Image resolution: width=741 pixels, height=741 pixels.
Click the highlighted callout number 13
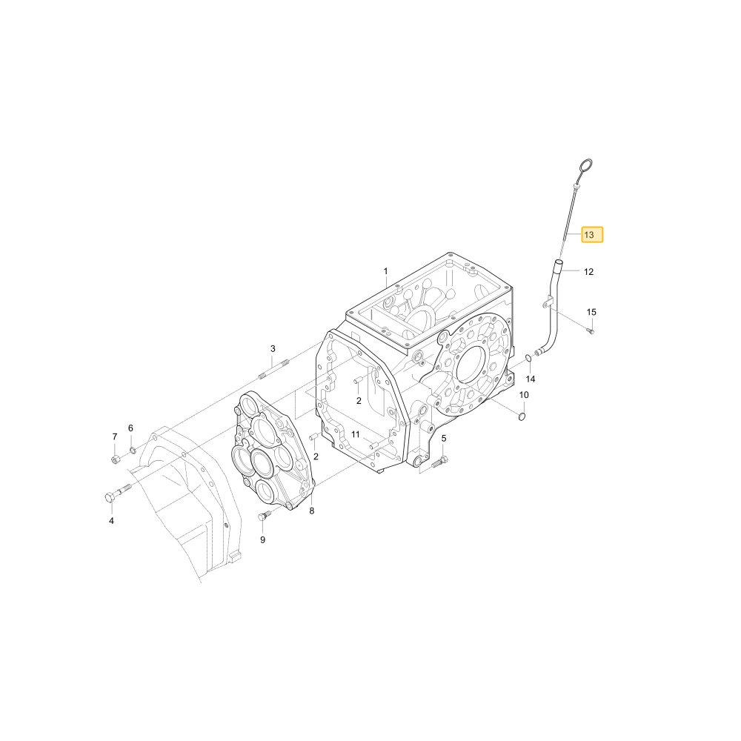coord(591,235)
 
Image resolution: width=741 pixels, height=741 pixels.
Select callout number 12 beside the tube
coord(588,272)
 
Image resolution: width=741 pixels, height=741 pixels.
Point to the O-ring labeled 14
coord(528,361)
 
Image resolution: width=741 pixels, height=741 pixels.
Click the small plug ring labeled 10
coord(522,416)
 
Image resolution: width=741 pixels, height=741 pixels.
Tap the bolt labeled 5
coord(439,462)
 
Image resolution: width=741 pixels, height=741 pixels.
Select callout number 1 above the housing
coord(385,271)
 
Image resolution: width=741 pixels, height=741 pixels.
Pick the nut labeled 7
coord(115,459)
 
